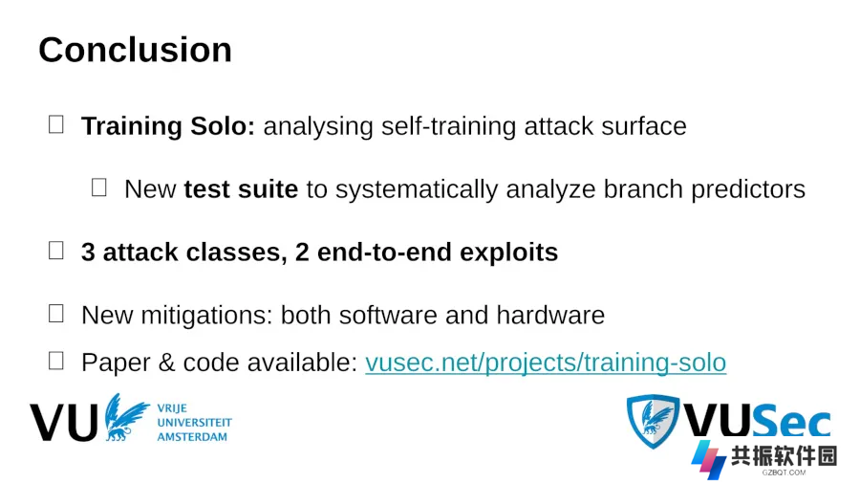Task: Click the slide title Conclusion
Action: click(x=135, y=50)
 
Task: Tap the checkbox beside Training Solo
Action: click(x=56, y=124)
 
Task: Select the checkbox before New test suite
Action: click(x=98, y=187)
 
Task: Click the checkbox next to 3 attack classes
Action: click(x=56, y=251)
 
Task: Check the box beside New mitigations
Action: click(x=56, y=314)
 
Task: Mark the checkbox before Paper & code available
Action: click(x=56, y=361)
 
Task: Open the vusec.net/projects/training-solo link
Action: click(x=546, y=363)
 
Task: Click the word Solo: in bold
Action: click(x=223, y=126)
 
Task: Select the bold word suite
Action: click(x=269, y=189)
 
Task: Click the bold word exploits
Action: click(x=508, y=253)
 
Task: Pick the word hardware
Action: click(x=550, y=316)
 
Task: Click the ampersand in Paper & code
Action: click(x=166, y=363)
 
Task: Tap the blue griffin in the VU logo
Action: click(x=125, y=417)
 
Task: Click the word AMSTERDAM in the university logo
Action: click(x=192, y=437)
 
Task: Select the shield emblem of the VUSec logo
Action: click(x=653, y=421)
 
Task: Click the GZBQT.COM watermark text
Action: click(x=784, y=472)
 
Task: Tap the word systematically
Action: click(x=417, y=189)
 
